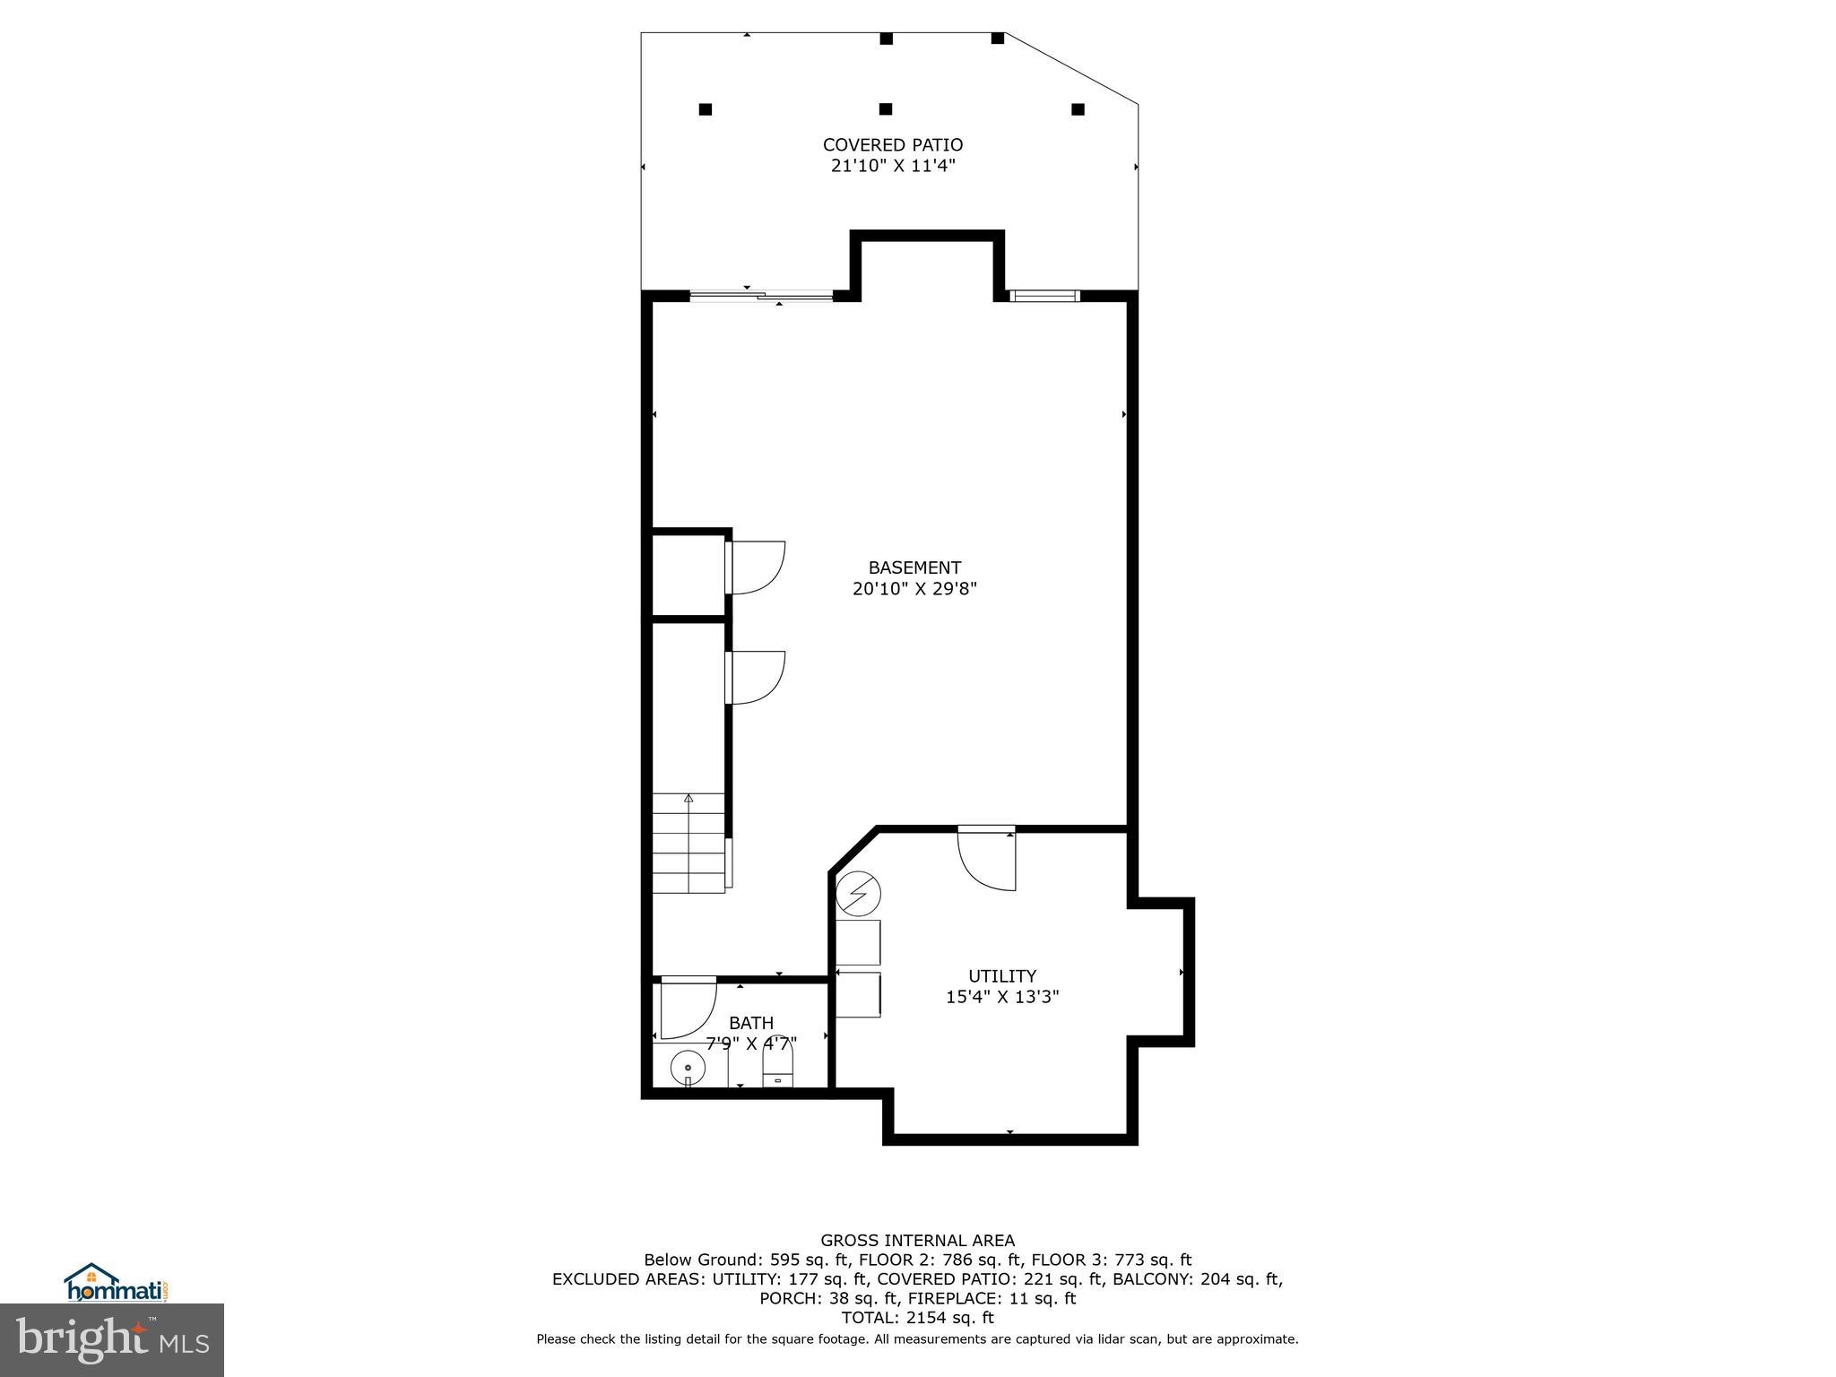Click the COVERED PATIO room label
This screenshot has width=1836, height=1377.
coord(892,144)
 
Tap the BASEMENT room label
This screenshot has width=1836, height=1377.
coord(914,567)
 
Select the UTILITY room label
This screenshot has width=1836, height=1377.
coord(1001,975)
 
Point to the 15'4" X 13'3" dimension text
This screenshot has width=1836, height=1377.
coord(1001,997)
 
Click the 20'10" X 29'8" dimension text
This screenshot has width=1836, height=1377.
coord(914,589)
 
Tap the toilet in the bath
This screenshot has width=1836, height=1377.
coord(777,1070)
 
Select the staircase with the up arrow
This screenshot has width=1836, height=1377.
coord(688,843)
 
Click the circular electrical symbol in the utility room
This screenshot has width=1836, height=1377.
coord(858,894)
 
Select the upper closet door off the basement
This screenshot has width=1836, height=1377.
coord(756,567)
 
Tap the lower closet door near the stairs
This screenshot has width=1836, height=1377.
coord(756,677)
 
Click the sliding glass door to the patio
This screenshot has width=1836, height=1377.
coord(761,295)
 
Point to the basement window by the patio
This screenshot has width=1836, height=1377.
coord(1044,295)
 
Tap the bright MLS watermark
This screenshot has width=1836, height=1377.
coord(112,1339)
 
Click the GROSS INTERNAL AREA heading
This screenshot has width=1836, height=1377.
coord(917,1241)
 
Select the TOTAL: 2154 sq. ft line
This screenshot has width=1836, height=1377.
coord(917,1318)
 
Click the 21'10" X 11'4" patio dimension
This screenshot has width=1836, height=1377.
coord(892,166)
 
